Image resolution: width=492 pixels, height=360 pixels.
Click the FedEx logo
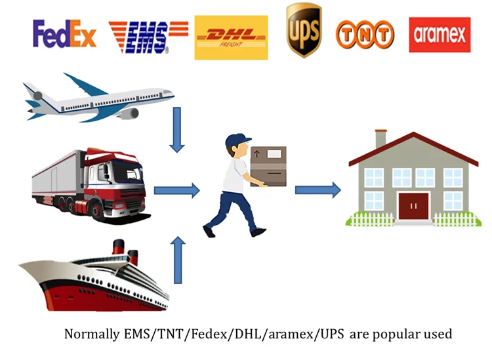pyautogui.click(x=64, y=34)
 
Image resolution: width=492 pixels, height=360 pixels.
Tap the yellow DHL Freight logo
pyautogui.click(x=231, y=37)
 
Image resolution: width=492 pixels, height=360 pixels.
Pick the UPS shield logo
pyautogui.click(x=304, y=30)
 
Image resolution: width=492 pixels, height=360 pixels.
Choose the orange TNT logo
pyautogui.click(x=365, y=34)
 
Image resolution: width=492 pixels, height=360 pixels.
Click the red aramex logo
pyautogui.click(x=440, y=34)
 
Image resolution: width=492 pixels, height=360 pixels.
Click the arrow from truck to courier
pyautogui.click(x=176, y=191)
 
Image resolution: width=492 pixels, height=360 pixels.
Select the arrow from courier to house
pyautogui.click(x=318, y=190)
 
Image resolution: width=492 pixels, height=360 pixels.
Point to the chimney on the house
pyautogui.click(x=380, y=138)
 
